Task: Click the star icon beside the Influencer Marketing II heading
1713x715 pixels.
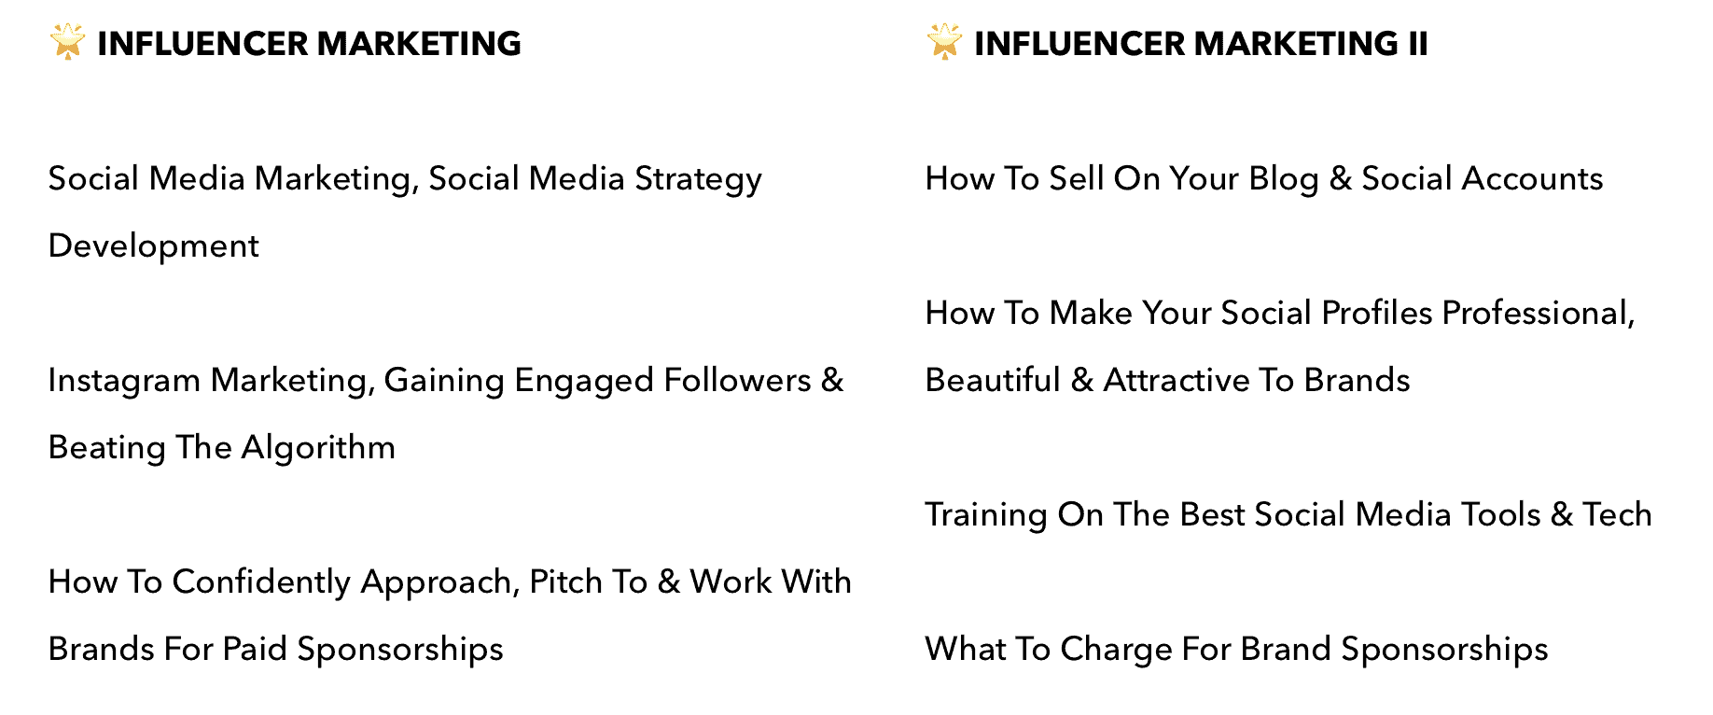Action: coord(944,43)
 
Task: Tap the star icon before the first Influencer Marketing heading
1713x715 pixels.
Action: coord(67,43)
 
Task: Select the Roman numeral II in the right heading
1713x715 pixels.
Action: coord(1417,44)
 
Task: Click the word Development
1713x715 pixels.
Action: coord(154,245)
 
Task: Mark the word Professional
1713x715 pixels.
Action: coord(1539,314)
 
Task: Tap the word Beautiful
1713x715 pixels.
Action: coord(993,380)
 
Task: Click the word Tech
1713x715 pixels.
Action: coord(1617,514)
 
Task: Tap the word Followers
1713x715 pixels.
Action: coord(737,380)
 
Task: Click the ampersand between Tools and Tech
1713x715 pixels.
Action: coord(1561,514)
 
